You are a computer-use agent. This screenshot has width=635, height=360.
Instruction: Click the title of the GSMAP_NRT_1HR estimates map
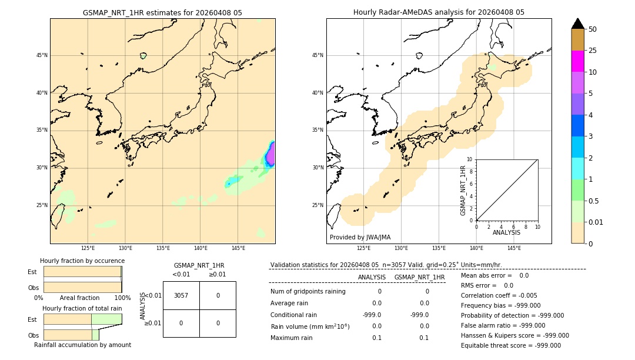pos(162,12)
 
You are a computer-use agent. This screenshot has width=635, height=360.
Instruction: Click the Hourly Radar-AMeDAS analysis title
pos(439,12)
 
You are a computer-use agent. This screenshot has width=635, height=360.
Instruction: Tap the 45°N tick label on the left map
pos(42,55)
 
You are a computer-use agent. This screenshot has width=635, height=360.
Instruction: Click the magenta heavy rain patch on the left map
pos(270,155)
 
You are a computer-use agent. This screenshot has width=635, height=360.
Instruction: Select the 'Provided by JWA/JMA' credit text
pos(360,237)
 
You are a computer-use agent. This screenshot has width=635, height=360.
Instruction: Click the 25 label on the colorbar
pos(593,51)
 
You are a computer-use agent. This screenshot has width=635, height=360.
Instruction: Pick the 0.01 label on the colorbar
pos(596,222)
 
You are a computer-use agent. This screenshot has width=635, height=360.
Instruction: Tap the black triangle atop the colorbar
pos(578,24)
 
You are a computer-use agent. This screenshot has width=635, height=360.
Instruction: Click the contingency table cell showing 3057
pos(181,295)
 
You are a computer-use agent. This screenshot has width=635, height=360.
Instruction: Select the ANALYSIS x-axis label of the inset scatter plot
pos(506,233)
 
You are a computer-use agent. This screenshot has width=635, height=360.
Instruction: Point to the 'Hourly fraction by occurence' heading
pos(82,261)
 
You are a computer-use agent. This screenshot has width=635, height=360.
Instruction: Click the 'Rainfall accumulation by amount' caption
pos(82,345)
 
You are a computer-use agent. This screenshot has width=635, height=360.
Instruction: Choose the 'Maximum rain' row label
pos(292,338)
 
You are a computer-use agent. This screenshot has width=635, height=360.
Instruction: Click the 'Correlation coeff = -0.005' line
pos(499,295)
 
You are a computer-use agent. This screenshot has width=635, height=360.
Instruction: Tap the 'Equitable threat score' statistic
pos(511,345)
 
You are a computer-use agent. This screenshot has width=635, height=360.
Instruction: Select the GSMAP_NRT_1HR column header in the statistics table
pos(419,277)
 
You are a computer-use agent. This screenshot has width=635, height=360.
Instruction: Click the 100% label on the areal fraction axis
pos(122,298)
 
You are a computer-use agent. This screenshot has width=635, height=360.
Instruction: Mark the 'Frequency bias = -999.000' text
pos(500,305)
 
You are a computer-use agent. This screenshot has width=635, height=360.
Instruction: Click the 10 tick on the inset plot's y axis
pos(469,159)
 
